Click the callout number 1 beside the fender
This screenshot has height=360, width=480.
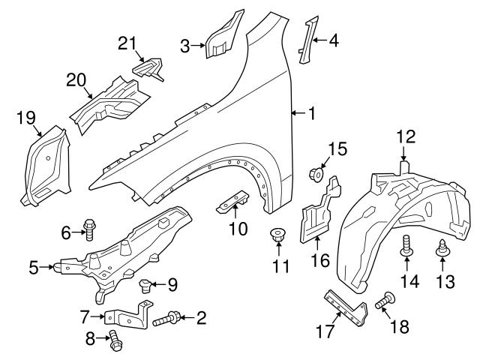pyautogui.click(x=310, y=113)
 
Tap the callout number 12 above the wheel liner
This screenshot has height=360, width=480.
pyautogui.click(x=405, y=136)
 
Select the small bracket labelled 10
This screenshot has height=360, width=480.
pyautogui.click(x=234, y=201)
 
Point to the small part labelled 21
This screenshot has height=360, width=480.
pyautogui.click(x=149, y=67)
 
